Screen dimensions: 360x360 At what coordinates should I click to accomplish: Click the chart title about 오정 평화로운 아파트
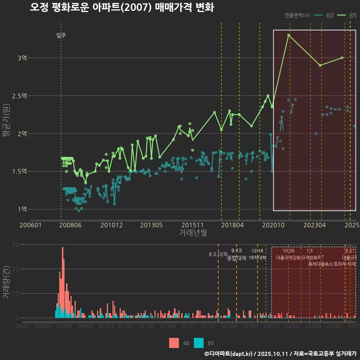121,7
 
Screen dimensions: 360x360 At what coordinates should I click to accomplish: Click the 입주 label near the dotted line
61,35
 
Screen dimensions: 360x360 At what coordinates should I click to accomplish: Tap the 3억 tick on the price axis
22,58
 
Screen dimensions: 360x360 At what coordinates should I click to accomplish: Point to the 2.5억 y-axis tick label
19,96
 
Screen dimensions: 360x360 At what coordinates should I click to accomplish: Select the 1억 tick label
22,209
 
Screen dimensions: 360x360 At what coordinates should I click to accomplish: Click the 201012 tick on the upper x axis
112,225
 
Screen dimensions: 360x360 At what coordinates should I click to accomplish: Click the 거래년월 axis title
193,233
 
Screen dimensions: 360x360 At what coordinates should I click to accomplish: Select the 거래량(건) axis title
6,282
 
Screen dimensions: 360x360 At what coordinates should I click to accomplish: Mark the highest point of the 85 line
289,35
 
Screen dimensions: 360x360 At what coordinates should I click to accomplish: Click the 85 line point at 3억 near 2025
342,58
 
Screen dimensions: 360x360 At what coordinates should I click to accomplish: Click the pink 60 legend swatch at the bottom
174,343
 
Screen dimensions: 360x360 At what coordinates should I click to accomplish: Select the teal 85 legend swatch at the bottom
199,343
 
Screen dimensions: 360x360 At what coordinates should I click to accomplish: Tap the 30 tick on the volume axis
16,245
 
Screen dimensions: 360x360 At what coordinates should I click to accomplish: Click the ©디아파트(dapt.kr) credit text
228,354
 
